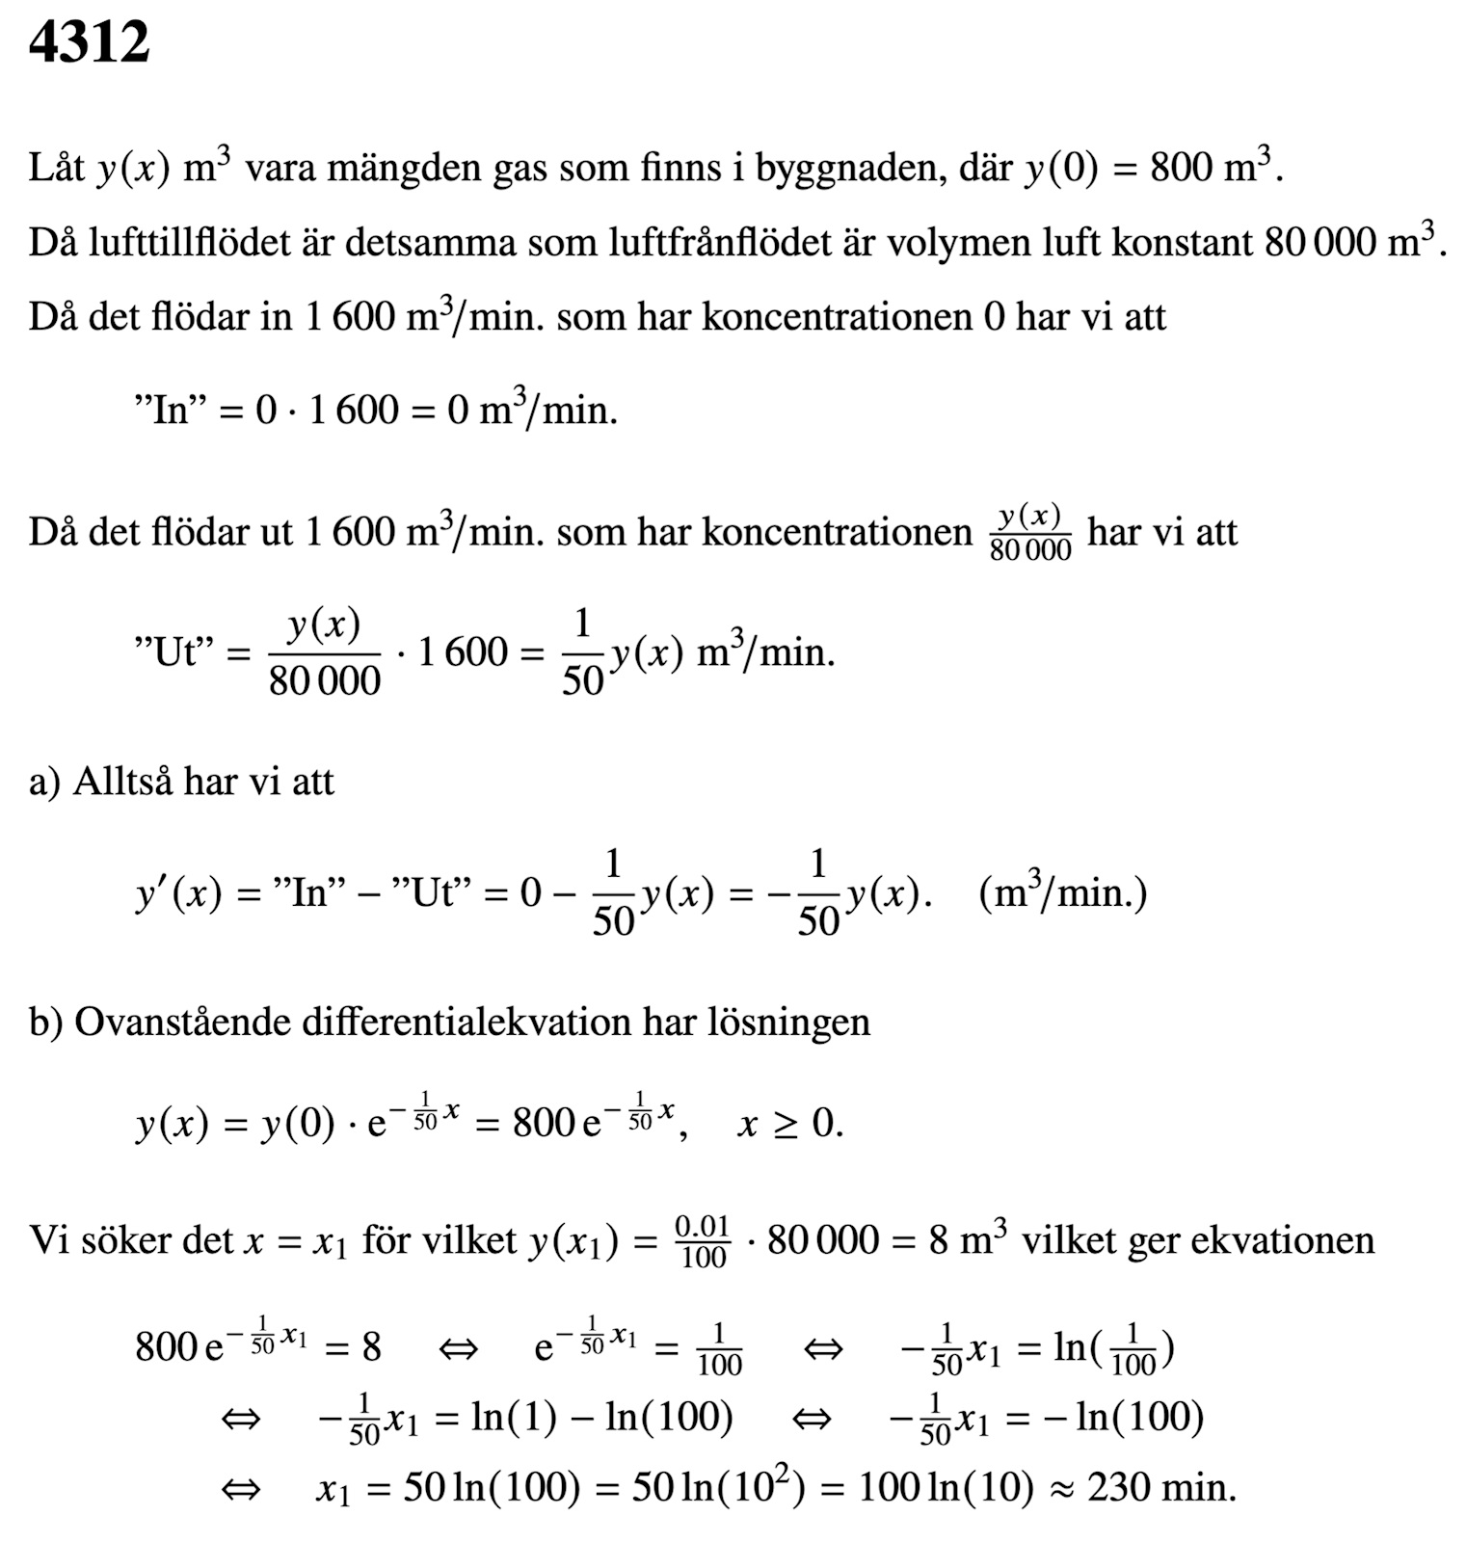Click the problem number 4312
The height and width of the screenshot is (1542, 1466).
click(89, 43)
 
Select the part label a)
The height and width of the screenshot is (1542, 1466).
click(43, 782)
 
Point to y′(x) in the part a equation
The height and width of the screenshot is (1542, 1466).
click(179, 894)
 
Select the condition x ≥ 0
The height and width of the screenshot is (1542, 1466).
click(789, 1124)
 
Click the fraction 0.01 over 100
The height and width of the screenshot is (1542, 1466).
click(702, 1241)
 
